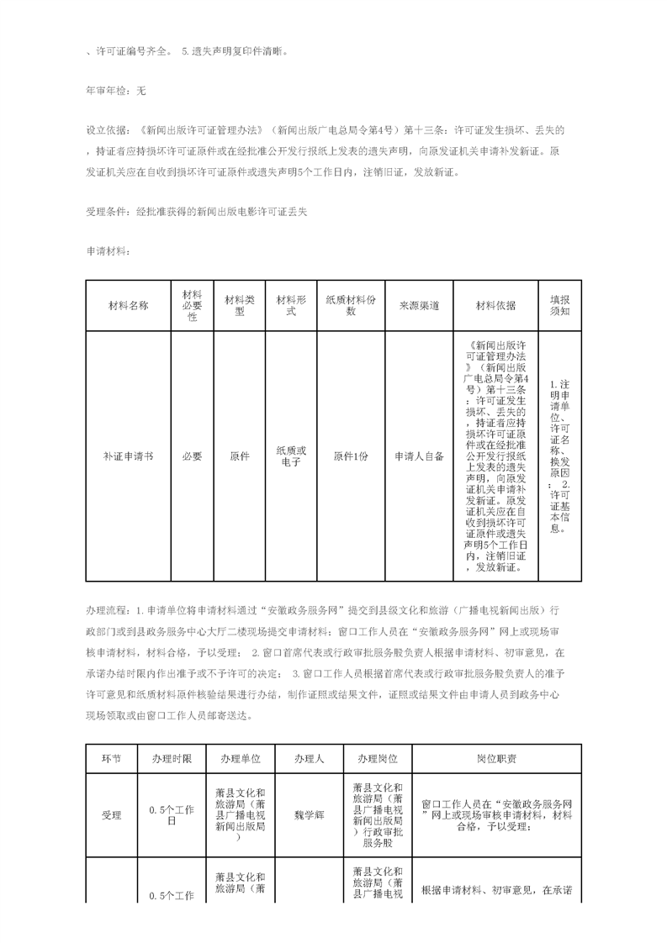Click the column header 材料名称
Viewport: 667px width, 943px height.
pos(128,306)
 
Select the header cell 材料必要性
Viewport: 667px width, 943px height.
pos(192,306)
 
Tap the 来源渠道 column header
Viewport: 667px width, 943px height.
pos(419,306)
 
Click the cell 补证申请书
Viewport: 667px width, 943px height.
pos(128,456)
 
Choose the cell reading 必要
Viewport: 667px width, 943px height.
pos(192,456)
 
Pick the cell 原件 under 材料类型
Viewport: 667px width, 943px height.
pos(239,456)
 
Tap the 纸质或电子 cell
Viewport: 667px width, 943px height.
pos(291,456)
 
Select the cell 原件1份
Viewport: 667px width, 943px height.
pos(351,456)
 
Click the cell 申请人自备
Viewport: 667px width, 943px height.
pos(419,456)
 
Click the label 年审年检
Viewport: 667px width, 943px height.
pos(105,90)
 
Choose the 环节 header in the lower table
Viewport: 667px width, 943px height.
pos(111,758)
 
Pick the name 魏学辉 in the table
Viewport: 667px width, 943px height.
pos(309,814)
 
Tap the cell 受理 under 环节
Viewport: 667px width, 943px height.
pos(111,814)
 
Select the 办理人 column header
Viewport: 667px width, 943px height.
pos(309,758)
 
